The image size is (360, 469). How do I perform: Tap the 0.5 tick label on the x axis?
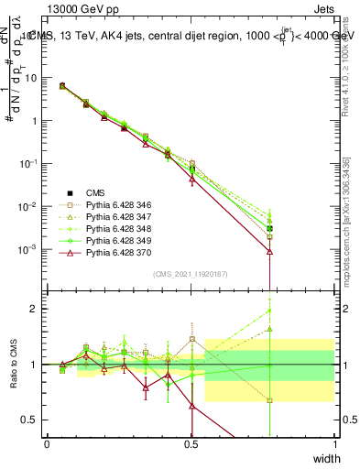pos(191,442)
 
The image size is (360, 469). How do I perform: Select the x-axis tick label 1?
pos(335,442)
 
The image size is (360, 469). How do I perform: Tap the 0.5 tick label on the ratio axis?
pos(33,420)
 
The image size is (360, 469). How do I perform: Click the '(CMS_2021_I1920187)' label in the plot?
pos(191,273)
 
